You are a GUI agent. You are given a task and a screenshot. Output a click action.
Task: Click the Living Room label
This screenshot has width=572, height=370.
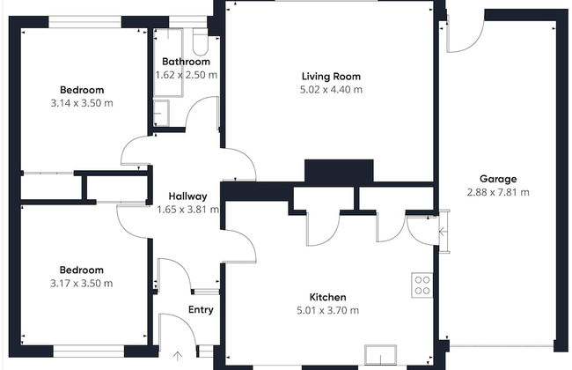pos(331,77)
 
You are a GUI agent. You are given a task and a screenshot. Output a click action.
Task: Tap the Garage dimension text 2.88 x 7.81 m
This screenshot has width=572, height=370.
pos(498,192)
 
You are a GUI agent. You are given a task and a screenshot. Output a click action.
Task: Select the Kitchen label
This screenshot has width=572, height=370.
pos(327,297)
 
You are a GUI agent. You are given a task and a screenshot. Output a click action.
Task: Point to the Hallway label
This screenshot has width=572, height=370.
pos(187,196)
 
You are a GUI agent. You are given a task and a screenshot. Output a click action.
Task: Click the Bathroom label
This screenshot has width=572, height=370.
pos(186,62)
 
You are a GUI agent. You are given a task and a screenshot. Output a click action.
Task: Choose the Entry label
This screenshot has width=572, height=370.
pos(201,310)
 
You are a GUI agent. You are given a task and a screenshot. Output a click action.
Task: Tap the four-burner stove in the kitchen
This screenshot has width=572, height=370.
pos(422,285)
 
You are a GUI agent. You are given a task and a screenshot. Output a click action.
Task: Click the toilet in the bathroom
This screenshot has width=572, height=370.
pos(201,41)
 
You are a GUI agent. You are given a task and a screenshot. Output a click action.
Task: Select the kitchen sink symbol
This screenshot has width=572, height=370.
pos(380,355)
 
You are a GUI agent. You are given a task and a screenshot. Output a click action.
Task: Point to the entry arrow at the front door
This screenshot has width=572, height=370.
pos(177,356)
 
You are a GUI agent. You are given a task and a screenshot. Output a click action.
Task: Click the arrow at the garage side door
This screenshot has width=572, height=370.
pos(442,231)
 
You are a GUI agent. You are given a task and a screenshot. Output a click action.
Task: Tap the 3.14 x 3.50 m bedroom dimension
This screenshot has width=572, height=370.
pos(82,103)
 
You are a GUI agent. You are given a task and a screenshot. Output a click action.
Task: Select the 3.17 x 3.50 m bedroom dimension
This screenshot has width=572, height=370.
pos(81,283)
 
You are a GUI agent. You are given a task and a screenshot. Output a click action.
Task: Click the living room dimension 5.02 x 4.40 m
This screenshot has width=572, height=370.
pos(331,90)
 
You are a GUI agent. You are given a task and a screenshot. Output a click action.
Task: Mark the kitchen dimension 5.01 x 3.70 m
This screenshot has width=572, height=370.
pos(327,310)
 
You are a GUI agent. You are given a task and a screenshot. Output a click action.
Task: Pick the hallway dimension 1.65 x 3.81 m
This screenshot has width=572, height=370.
pos(187,210)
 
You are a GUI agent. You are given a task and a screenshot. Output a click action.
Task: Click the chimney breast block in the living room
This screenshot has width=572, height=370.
pos(339,171)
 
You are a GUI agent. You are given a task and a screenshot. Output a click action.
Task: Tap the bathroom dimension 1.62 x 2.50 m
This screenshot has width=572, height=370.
pos(187,75)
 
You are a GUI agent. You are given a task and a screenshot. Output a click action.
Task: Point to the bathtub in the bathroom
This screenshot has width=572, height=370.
pos(168,63)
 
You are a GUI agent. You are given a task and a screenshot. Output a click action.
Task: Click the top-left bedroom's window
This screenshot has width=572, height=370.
pos(85,22)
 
